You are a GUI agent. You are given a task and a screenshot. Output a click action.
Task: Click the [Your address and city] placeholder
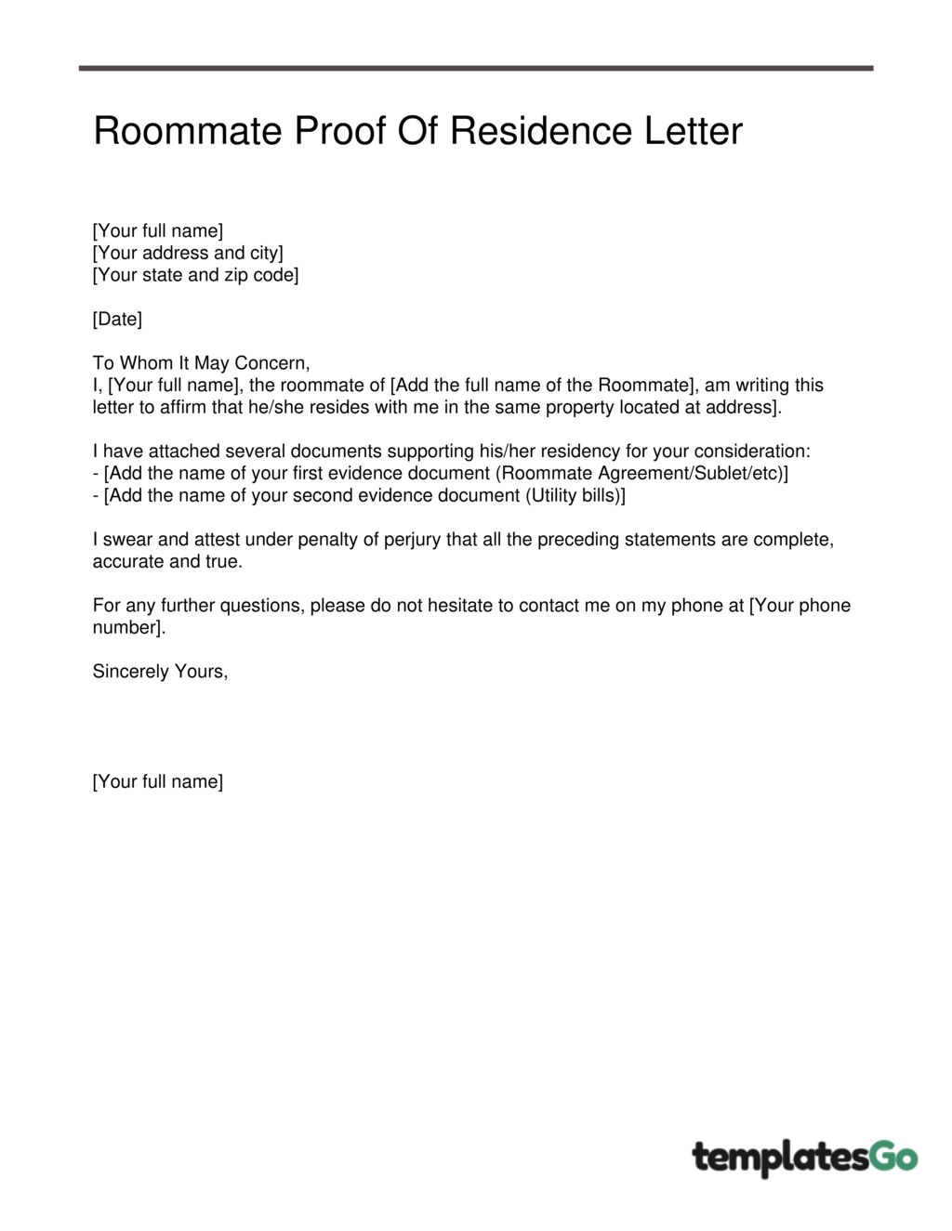click(188, 253)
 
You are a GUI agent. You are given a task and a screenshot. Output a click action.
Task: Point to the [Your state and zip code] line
click(195, 275)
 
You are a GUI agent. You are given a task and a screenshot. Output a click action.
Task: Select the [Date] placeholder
click(117, 320)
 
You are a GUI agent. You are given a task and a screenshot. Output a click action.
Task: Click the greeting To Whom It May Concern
click(201, 363)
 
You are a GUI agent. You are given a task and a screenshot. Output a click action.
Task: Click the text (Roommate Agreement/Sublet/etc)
click(641, 474)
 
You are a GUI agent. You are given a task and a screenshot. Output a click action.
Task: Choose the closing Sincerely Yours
click(160, 672)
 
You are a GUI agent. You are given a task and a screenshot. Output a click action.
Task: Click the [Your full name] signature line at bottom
click(158, 782)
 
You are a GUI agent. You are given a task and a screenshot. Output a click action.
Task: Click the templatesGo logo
click(804, 1158)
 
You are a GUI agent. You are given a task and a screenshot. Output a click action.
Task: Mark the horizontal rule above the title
click(476, 68)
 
